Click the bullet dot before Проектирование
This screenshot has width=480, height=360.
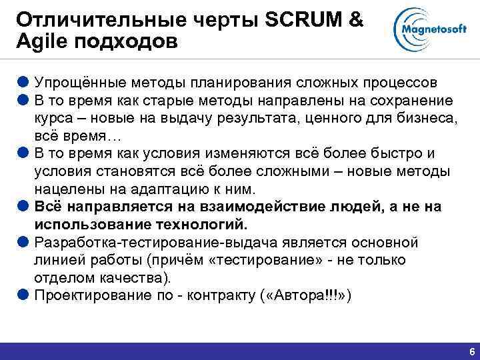tap(24, 294)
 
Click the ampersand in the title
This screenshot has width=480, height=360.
tap(355, 20)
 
